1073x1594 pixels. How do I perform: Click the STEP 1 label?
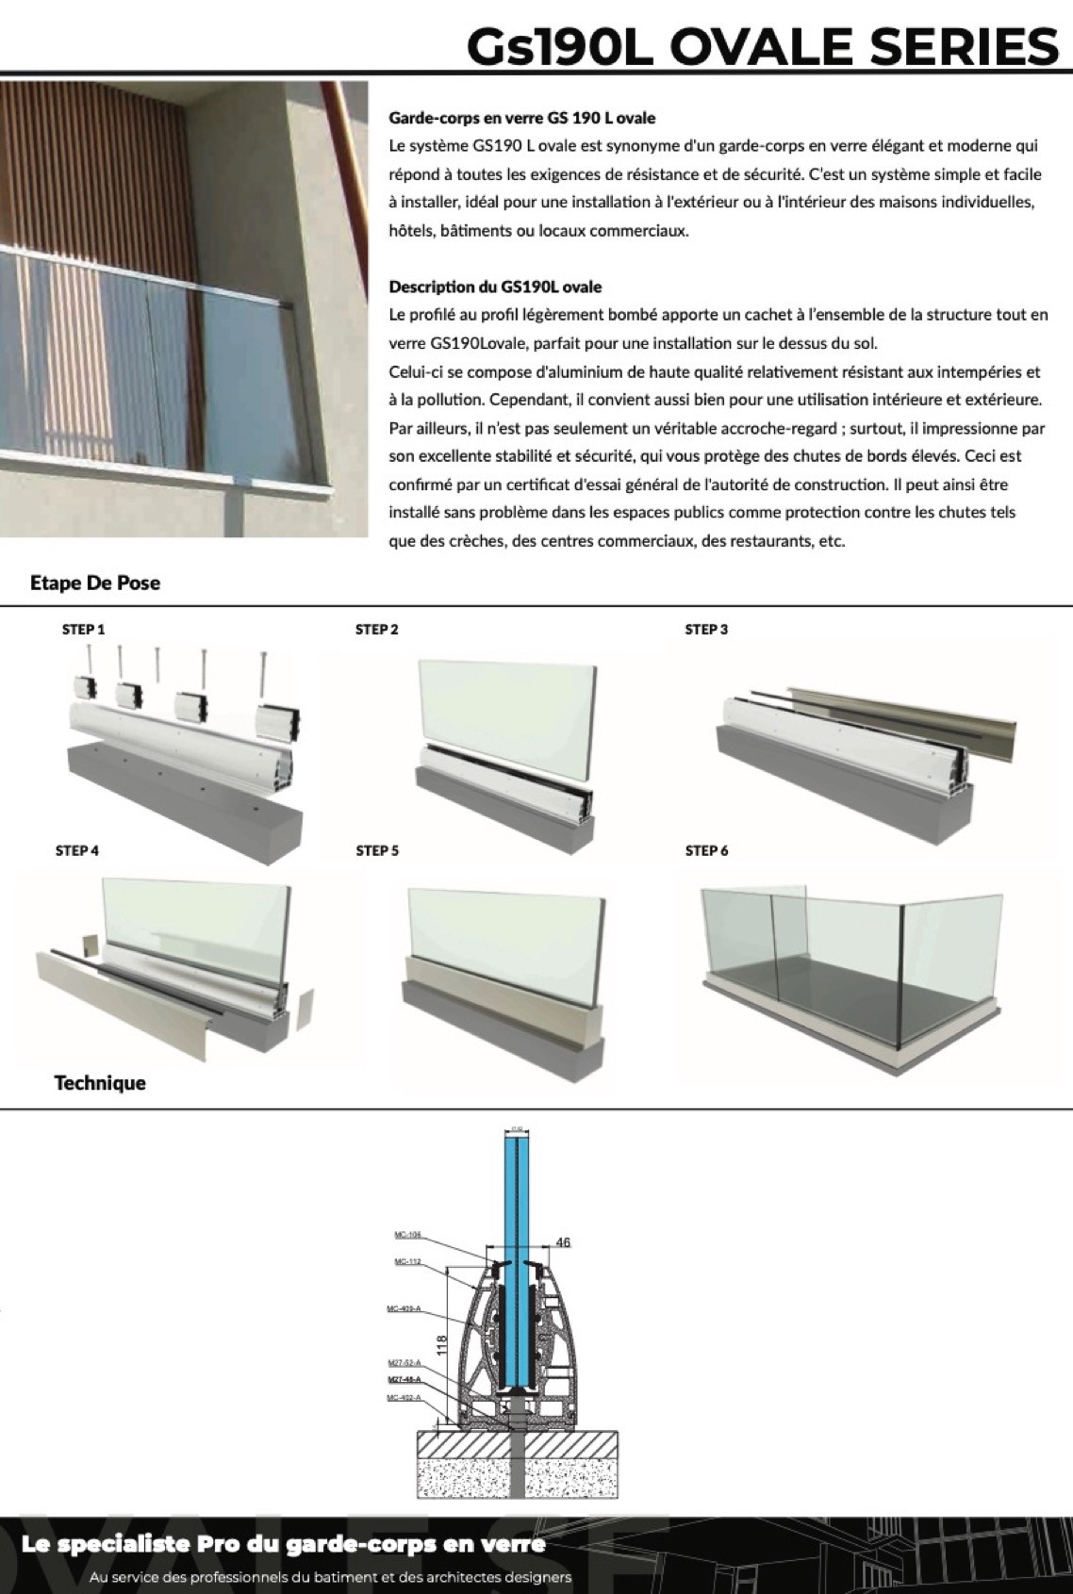(x=83, y=630)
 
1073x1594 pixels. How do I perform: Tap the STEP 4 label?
(x=77, y=851)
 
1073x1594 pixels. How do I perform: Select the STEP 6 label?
(x=706, y=851)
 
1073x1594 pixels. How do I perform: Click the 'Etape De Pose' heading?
(x=95, y=583)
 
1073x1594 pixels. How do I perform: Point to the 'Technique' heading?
(x=100, y=1083)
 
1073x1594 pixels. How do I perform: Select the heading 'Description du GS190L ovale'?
(x=495, y=287)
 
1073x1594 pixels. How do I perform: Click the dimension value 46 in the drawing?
(x=563, y=1242)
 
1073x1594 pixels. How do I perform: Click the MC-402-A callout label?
(x=404, y=1397)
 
